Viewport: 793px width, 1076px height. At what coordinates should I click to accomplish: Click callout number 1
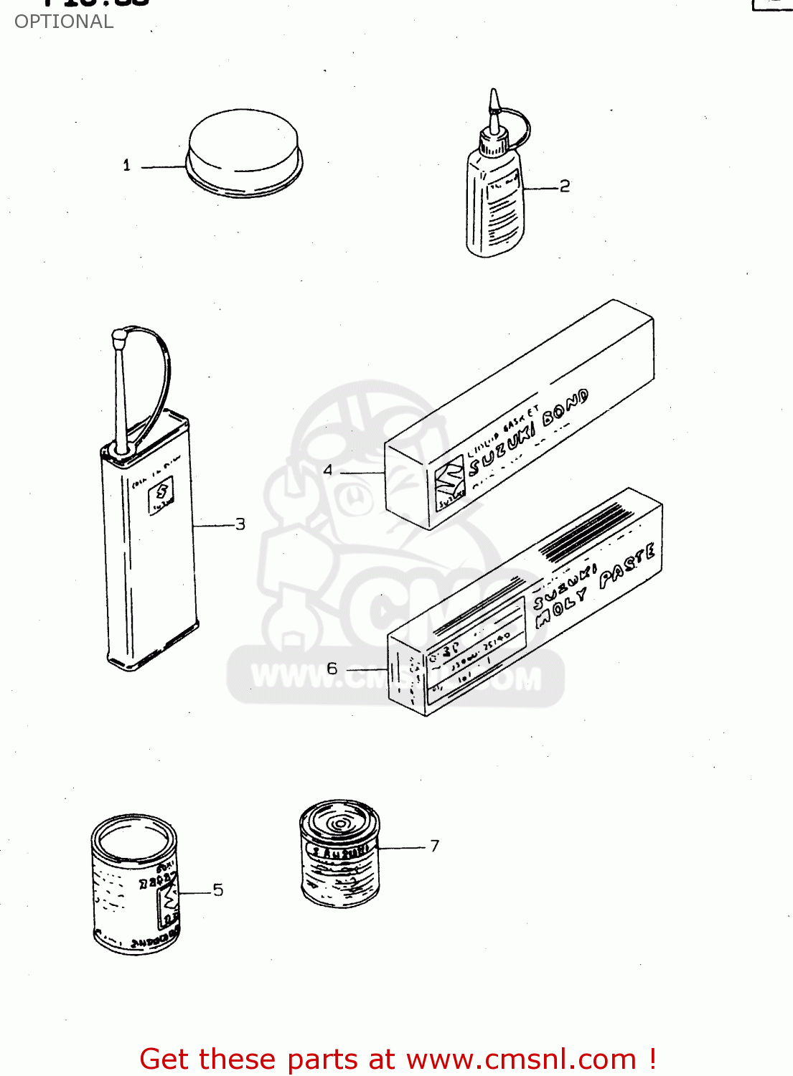127,166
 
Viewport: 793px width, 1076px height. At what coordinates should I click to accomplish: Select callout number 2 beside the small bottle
565,187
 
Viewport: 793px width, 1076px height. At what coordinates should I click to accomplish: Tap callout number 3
240,524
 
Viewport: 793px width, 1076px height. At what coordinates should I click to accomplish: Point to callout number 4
328,471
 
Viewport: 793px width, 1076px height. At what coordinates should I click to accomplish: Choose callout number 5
218,890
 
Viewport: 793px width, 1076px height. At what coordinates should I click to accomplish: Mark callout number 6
332,669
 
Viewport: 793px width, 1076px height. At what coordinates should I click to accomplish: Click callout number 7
434,846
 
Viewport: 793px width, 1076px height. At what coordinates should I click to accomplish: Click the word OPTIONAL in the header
64,22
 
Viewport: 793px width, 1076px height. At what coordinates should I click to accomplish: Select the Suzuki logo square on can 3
161,496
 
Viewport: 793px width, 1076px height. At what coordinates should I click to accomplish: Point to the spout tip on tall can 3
119,334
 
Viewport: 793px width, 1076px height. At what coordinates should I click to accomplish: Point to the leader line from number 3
213,526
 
